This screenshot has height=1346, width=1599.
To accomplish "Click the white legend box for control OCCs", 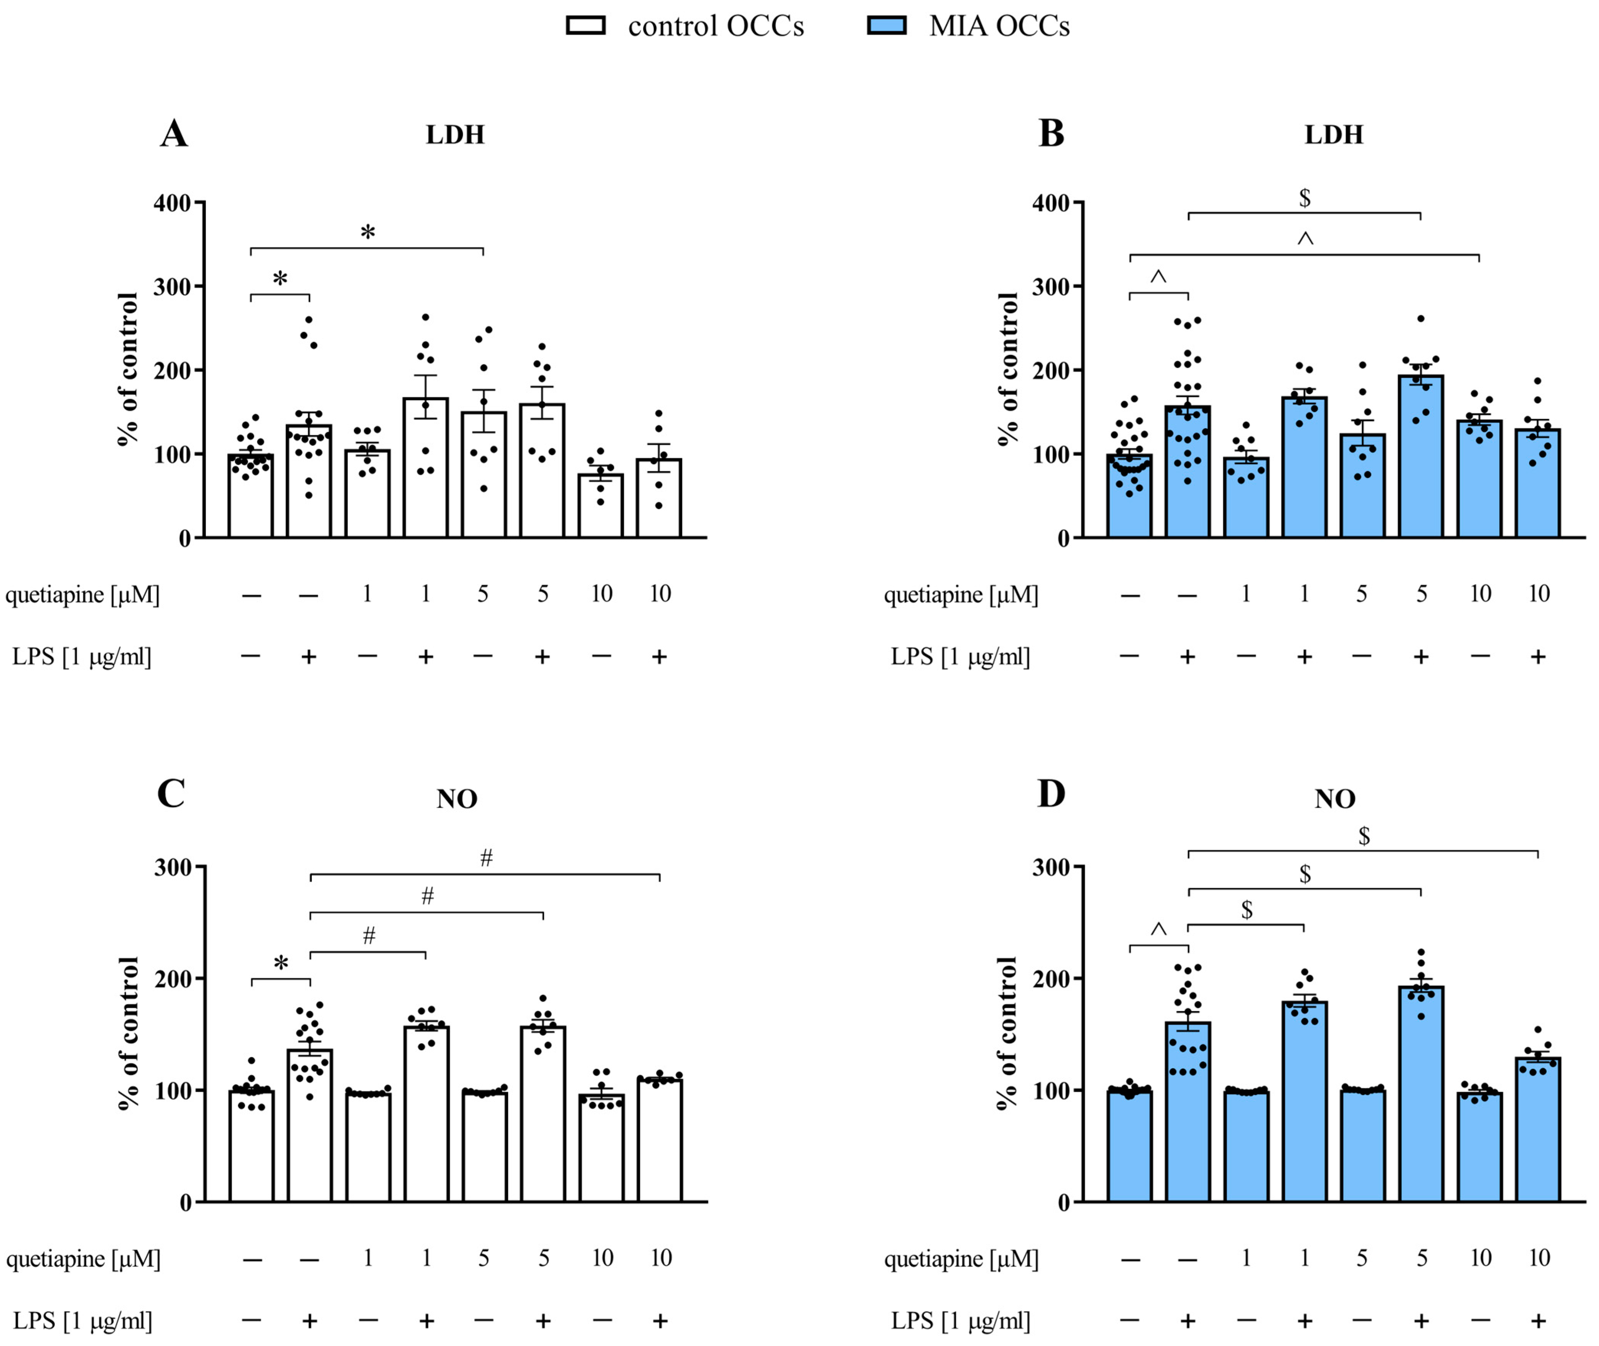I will pyautogui.click(x=585, y=26).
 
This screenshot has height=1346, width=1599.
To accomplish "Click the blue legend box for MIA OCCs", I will pyautogui.click(x=887, y=26).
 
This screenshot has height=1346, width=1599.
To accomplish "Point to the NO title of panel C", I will pyautogui.click(x=456, y=799).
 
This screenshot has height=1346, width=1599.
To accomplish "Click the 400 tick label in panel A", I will pyautogui.click(x=173, y=203).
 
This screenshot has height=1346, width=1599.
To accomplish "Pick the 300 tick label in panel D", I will pyautogui.click(x=1051, y=867).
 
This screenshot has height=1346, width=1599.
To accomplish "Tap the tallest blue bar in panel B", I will pyautogui.click(x=1420, y=458).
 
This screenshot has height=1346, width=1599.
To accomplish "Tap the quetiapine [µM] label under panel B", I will pyautogui.click(x=961, y=594).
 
